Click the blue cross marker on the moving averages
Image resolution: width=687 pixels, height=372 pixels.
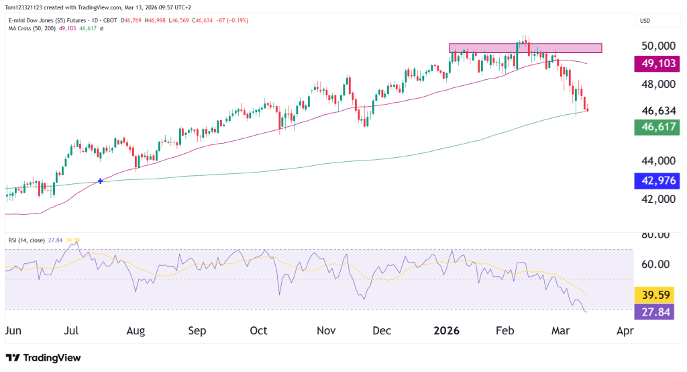coord(101,181)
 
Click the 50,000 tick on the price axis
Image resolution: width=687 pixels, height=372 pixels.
coord(657,46)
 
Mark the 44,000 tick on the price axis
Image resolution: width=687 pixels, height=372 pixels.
coord(657,161)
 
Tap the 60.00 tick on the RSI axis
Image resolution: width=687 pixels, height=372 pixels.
coord(657,264)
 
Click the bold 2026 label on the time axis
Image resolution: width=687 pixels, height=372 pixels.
coord(445,330)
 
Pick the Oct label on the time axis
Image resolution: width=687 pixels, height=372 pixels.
coord(258,330)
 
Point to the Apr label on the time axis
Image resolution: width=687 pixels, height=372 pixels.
coord(625,330)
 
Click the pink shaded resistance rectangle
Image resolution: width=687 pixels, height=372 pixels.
coord(525,48)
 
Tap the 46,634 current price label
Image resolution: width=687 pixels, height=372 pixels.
coord(657,110)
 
